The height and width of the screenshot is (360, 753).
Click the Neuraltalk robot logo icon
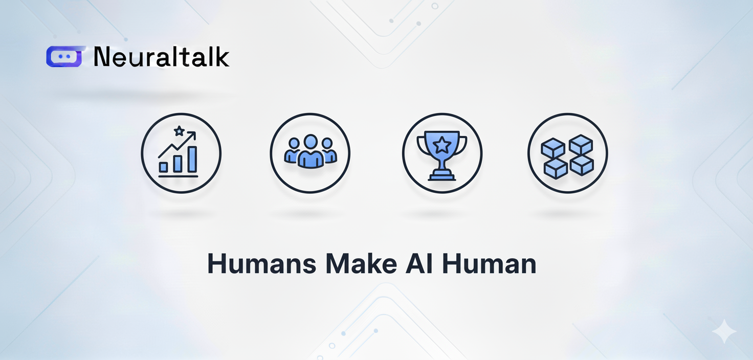[x=64, y=56]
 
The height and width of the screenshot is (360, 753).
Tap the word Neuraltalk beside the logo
[x=161, y=56]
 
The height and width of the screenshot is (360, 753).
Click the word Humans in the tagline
[x=262, y=264]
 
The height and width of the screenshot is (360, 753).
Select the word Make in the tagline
[x=361, y=264]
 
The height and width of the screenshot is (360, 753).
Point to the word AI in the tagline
[x=419, y=264]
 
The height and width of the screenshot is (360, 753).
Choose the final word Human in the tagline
[x=489, y=264]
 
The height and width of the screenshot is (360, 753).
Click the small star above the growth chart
[x=179, y=131]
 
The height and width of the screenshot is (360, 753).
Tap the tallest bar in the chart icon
[x=192, y=160]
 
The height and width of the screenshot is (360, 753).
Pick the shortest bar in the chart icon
[x=163, y=167]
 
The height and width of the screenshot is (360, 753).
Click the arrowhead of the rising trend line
[x=192, y=136]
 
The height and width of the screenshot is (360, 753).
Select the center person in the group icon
[x=311, y=151]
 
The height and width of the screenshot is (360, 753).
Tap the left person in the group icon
[x=292, y=150]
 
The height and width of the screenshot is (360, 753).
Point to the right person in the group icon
[x=329, y=150]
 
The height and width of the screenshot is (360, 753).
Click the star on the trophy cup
[x=441, y=145]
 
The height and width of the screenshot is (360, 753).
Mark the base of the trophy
[x=441, y=175]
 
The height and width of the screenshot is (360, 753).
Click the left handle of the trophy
[x=421, y=145]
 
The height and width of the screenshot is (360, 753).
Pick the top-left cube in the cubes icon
[x=553, y=148]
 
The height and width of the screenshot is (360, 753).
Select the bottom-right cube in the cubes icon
[x=582, y=165]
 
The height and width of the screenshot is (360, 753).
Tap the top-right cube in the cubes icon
[x=581, y=145]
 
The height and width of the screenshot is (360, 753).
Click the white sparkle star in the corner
[x=724, y=331]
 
